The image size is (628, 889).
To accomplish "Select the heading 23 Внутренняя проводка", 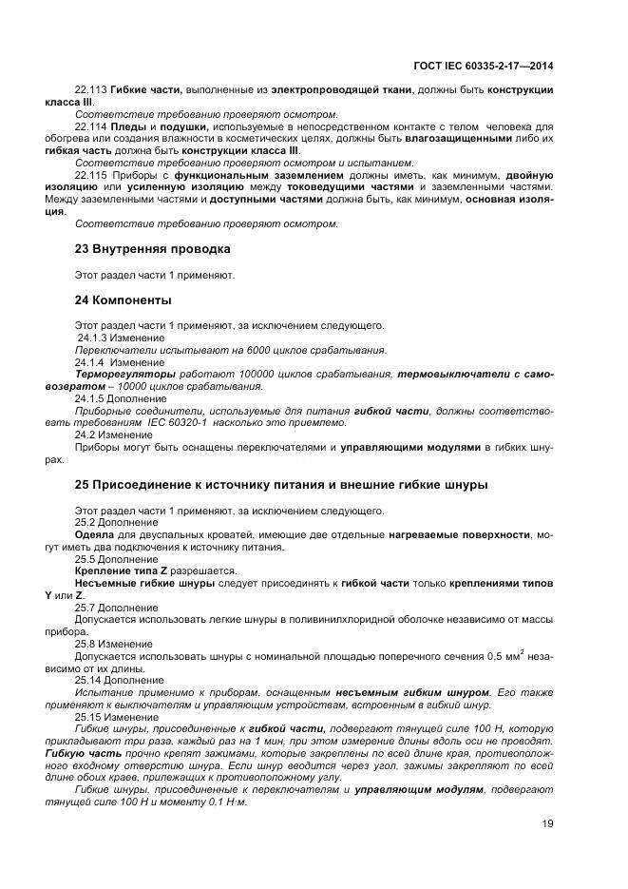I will pyautogui.click(x=152, y=249).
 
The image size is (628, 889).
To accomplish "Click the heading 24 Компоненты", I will pyautogui.click(x=123, y=300).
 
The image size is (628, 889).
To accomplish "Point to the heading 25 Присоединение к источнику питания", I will pyautogui.click(x=281, y=485).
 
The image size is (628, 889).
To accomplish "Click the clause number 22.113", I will pyautogui.click(x=90, y=89).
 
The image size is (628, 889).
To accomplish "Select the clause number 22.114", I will pyautogui.click(x=90, y=126).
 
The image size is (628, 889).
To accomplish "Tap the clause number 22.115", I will pyautogui.click(x=90, y=175).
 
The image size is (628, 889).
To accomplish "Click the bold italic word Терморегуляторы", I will pyautogui.click(x=119, y=375).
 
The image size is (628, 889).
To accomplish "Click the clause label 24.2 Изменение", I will pyautogui.click(x=107, y=435).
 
